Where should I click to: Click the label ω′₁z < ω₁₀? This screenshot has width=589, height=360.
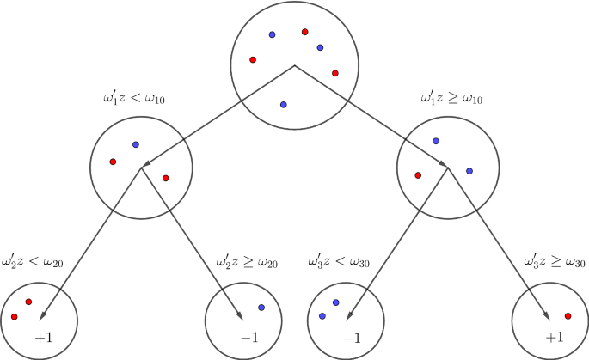point(133,99)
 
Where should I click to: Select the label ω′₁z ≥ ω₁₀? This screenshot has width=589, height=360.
point(451,99)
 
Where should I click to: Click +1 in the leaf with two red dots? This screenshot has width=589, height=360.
point(44,337)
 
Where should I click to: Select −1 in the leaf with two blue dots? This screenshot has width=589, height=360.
point(351,337)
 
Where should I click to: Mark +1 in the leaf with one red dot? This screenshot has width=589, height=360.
point(554,337)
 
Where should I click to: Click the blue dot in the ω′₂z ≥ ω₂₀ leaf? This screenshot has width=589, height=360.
point(261,308)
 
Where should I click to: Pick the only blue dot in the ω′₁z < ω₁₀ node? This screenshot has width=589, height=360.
point(135,144)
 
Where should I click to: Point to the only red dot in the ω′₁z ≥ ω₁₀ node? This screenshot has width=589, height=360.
point(418,174)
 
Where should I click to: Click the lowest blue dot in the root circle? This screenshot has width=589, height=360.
point(284,105)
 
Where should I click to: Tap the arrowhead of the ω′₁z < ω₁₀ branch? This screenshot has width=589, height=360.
point(147,164)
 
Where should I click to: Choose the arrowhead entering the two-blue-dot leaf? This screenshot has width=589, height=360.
point(355,315)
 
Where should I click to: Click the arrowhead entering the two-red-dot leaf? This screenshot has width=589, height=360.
point(43,315)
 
